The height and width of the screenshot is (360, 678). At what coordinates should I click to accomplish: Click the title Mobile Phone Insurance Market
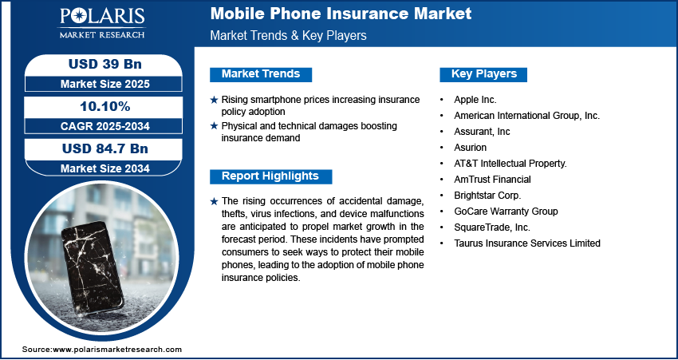341,14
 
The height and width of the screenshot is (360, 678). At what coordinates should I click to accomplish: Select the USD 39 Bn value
105,64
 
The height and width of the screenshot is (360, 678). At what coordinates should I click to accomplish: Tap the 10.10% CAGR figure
105,106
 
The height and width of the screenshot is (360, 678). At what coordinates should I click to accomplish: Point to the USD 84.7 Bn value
105,148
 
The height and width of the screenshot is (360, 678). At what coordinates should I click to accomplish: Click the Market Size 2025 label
105,84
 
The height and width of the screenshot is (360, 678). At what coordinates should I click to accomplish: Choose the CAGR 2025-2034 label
105,126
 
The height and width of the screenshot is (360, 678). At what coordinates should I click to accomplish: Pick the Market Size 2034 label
105,168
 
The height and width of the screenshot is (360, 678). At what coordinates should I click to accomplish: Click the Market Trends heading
261,74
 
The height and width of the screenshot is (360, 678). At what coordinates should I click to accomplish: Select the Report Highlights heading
270,176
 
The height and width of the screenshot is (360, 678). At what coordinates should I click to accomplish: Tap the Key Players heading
484,74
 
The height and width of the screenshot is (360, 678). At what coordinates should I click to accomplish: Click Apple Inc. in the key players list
475,100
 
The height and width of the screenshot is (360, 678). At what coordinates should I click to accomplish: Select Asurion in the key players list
470,148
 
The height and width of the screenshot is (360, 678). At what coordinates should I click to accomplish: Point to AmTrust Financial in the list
492,179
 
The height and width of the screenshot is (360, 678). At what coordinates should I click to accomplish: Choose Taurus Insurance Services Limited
527,243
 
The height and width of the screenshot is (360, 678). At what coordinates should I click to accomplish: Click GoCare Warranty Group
506,212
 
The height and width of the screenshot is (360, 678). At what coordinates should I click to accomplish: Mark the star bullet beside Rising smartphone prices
214,100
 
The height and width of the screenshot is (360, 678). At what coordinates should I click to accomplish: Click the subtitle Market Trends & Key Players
288,35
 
